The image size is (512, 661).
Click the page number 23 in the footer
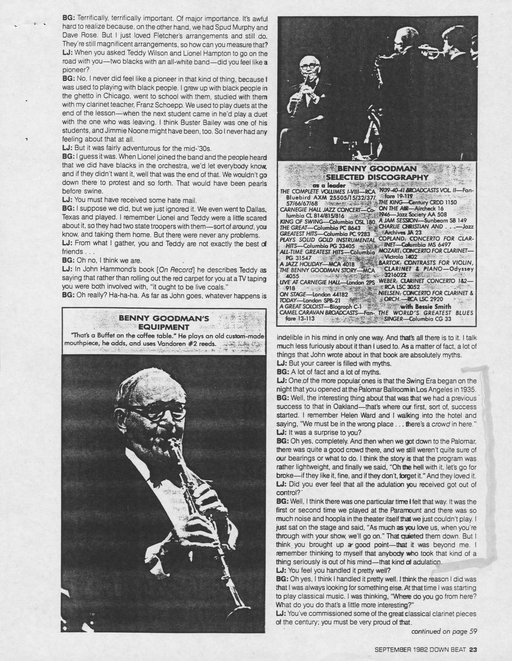(x=473, y=650)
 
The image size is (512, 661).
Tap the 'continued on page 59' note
(x=444, y=631)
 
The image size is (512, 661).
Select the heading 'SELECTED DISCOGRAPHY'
(x=378, y=177)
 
